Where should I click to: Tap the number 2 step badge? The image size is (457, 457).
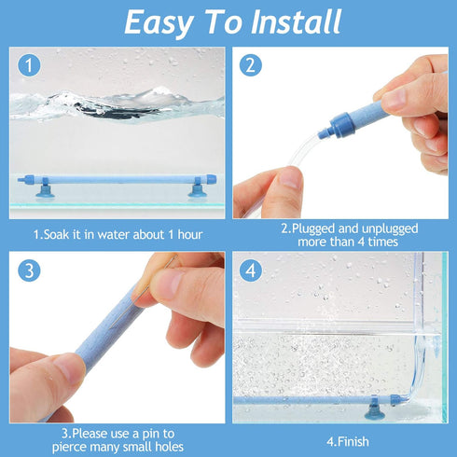tap(250, 65)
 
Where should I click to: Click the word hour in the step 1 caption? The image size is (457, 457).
tap(186, 233)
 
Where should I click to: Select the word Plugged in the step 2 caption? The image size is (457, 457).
tap(323, 228)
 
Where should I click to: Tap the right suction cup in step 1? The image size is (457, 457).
tap(197, 191)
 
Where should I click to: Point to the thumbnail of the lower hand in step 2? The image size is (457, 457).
tap(289, 177)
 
